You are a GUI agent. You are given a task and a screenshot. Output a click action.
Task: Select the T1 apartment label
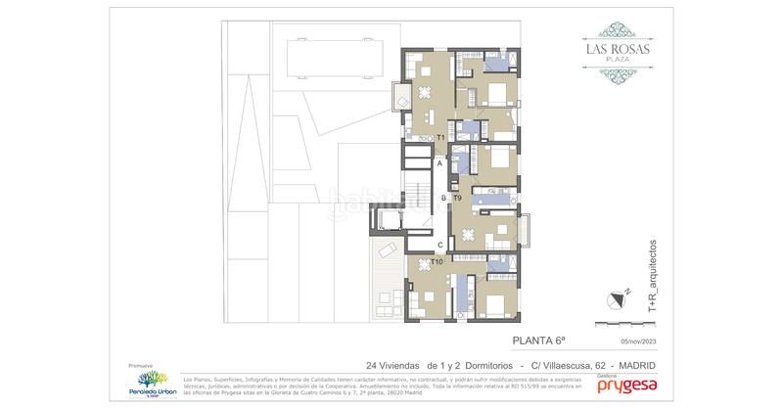441,139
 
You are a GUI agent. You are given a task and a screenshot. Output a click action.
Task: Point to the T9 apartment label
457,199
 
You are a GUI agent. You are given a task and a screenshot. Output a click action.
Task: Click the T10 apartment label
438,262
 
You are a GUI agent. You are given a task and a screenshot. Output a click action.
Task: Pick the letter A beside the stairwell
440,164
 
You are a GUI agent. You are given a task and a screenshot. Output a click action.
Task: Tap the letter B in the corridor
443,199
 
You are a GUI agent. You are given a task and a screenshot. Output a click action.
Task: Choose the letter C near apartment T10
440,245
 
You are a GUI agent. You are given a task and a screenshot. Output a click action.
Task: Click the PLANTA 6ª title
538,340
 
